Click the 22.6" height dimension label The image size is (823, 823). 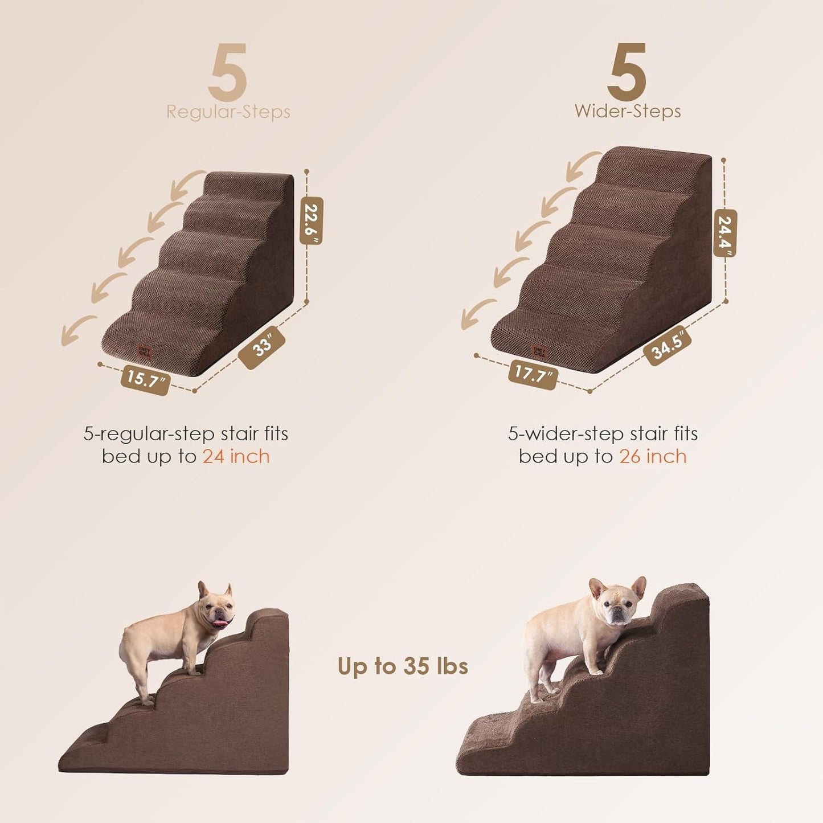click(311, 221)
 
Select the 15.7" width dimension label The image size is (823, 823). click(145, 379)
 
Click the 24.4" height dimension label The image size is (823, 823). click(725, 233)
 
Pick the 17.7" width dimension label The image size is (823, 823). click(533, 374)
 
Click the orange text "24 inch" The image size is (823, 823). click(236, 457)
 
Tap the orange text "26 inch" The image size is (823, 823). click(653, 457)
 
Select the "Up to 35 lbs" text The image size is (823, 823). click(403, 666)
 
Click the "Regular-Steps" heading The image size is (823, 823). click(228, 112)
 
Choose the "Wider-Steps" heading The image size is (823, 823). click(627, 111)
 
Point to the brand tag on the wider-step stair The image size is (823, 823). click(538, 351)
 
